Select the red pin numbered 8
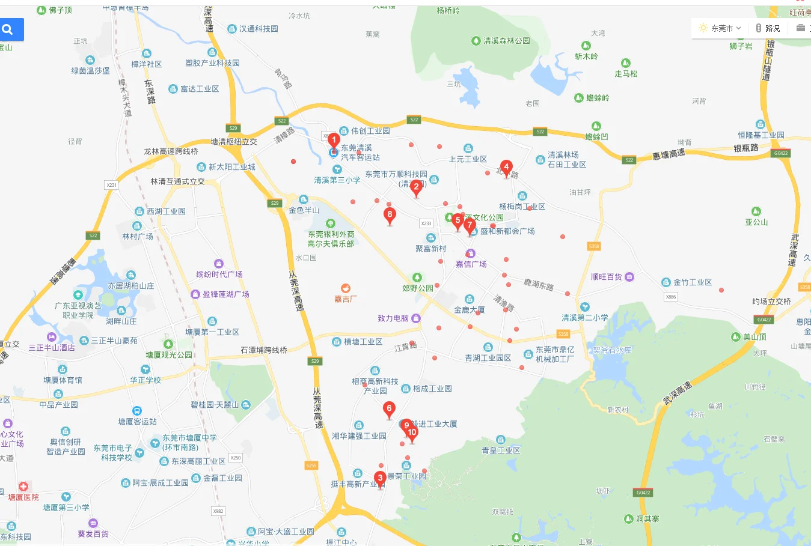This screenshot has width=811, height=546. (390, 215)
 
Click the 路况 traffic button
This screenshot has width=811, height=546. (768, 28)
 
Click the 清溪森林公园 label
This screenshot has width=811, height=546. (506, 41)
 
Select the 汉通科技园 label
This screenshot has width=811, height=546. (259, 29)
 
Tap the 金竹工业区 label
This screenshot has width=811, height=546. (692, 282)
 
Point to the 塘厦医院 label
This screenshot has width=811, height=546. (23, 497)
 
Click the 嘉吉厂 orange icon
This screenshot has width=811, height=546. (346, 289)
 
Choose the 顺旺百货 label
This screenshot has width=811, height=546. (606, 277)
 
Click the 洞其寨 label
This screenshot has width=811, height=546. (647, 519)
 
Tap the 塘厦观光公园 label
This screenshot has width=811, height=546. (169, 355)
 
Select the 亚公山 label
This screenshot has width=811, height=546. (756, 222)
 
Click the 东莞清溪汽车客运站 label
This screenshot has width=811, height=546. (360, 153)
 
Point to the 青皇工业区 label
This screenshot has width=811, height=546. (501, 450)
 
